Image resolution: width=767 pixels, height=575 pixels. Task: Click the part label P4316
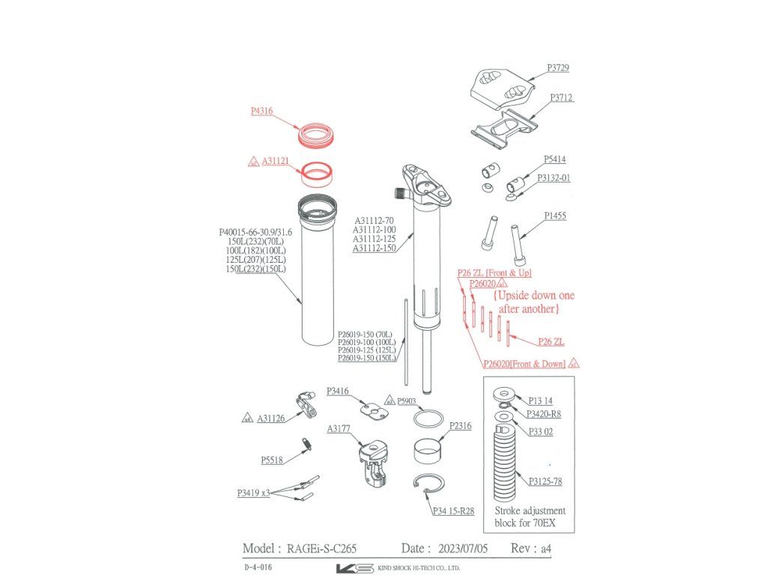coord(261,111)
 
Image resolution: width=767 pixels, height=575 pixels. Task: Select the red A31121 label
coord(274,161)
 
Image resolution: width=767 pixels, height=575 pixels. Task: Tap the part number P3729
coord(557,67)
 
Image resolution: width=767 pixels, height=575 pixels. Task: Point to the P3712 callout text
coord(562,97)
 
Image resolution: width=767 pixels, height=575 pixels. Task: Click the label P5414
coord(554,159)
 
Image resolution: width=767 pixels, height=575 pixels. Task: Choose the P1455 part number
coord(554,216)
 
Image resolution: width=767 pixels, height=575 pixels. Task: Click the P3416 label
coord(338,391)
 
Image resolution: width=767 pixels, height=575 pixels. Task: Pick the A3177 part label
coord(339,429)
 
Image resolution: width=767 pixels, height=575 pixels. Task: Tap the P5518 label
coord(272,460)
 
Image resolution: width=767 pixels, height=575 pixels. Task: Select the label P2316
coord(461,425)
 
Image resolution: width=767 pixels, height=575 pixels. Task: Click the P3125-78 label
coord(545,481)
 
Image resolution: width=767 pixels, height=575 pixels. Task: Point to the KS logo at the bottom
coord(354,568)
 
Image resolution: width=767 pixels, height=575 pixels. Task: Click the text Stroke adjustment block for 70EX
coord(530,517)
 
